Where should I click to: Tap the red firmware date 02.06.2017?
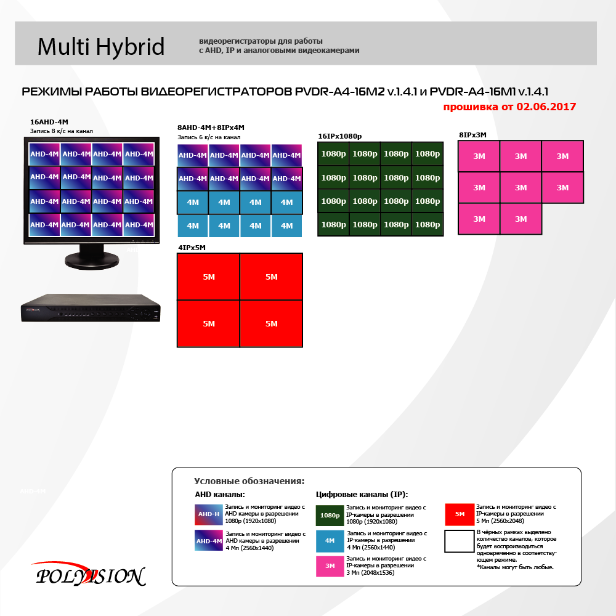coord(546,107)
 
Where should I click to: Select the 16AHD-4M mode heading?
coord(49,122)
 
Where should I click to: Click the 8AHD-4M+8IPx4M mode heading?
coord(211,128)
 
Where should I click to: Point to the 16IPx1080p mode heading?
coord(340,136)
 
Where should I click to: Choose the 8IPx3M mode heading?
coord(472,135)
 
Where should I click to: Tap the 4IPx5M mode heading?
coord(192,248)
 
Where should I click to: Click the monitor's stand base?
coord(92,261)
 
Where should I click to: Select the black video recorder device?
coord(91,309)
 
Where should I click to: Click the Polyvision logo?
coord(91,574)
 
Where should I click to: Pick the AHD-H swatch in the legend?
coord(209,514)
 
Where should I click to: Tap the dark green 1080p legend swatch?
coord(330,516)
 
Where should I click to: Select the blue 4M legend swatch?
coord(330,541)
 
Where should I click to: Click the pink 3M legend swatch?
coord(330,566)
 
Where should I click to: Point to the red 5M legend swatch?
coord(460,514)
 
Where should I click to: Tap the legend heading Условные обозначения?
coord(249,481)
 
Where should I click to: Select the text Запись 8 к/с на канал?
coord(61,131)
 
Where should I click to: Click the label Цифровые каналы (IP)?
coord(362,495)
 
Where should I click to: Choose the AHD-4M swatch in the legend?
coord(209,541)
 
